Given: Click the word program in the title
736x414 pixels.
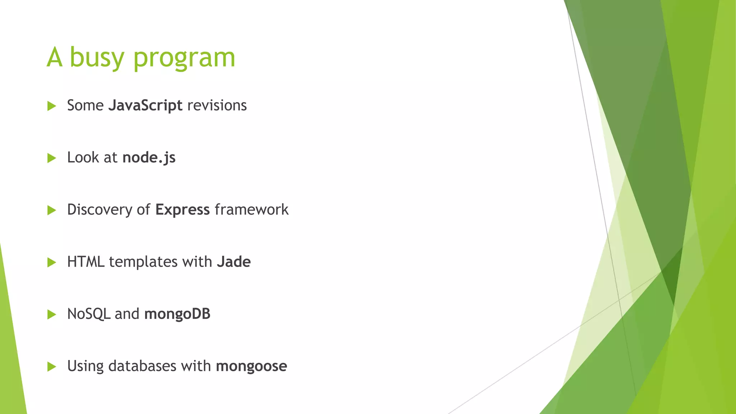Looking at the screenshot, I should (x=184, y=58).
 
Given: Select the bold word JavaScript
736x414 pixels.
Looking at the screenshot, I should (x=145, y=106).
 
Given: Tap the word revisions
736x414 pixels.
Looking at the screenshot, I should (x=217, y=106).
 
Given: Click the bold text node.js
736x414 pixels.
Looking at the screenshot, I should (x=149, y=158).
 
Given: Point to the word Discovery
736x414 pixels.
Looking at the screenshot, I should (x=100, y=210).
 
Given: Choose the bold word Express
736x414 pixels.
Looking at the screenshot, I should (x=183, y=210).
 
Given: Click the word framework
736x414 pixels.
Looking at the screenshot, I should (x=252, y=210).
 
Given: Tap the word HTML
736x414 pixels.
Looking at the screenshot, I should (x=86, y=262).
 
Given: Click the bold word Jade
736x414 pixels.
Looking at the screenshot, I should (x=234, y=262).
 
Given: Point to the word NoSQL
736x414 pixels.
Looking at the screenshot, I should (x=89, y=314).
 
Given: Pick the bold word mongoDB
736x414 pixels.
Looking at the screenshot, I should (x=177, y=314).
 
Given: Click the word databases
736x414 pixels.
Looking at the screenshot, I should (x=142, y=366).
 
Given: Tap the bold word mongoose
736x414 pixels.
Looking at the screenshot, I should (x=251, y=366).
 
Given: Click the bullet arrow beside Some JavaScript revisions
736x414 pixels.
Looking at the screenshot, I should (x=52, y=106).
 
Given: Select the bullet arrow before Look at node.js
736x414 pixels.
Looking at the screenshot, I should (x=52, y=158).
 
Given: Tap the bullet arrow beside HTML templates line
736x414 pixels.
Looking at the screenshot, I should (x=52, y=262).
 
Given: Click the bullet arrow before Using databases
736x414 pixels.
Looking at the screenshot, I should (x=52, y=367).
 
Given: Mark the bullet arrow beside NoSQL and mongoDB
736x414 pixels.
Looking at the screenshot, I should (x=52, y=314).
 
